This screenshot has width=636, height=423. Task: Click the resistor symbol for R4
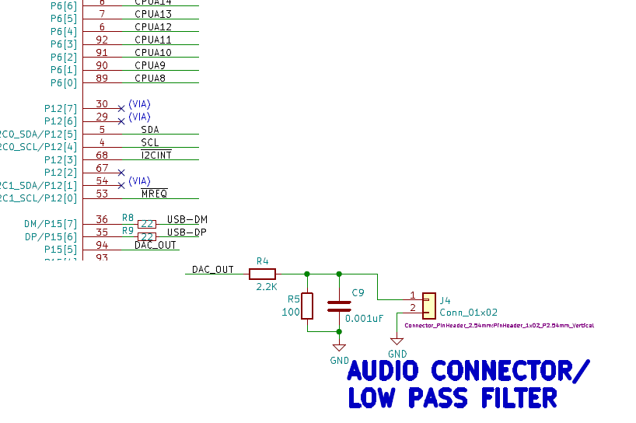[x=262, y=274]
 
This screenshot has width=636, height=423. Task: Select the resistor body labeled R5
[x=307, y=306]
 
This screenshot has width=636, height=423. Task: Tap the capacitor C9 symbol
[x=338, y=306]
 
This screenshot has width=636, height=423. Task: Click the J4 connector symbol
[x=428, y=306]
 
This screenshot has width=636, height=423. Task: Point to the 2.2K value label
[x=267, y=287]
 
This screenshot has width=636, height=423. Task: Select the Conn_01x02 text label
[x=468, y=313]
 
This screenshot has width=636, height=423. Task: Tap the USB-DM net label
[x=187, y=219]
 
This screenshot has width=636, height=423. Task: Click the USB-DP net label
[x=187, y=232]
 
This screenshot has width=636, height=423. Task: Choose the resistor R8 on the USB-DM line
[x=147, y=224]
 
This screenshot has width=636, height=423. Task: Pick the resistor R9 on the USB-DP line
[x=147, y=236]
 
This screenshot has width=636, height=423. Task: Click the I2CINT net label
[x=156, y=156]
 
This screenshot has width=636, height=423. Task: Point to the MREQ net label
[x=154, y=194]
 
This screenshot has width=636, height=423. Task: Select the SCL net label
[x=150, y=143]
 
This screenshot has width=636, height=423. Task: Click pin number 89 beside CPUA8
[x=102, y=79]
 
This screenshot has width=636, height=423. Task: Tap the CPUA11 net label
[x=153, y=40]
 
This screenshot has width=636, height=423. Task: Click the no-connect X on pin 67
[x=121, y=172]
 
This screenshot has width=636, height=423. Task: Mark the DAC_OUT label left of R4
[x=213, y=270]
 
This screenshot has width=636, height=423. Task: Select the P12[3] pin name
[x=61, y=159]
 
